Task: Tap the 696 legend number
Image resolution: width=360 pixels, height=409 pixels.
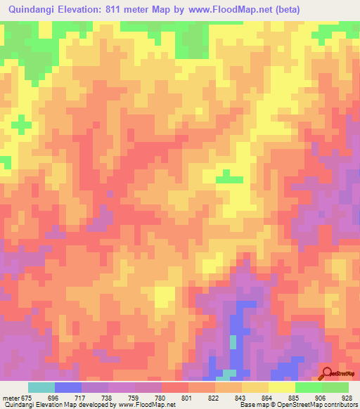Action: point(53,397)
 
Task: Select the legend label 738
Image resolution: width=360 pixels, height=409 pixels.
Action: point(106,397)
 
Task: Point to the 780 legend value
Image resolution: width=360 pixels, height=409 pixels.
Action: point(160,397)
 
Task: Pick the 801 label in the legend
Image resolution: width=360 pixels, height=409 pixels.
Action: point(186,397)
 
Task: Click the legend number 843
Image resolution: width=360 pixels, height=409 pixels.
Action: point(240,397)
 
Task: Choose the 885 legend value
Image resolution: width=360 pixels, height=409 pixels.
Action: point(293,397)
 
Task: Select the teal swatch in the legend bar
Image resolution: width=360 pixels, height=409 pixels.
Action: point(41,387)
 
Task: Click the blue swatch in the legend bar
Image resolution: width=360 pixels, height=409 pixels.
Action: point(68,387)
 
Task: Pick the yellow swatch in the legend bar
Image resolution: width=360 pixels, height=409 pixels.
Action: point(282,387)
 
